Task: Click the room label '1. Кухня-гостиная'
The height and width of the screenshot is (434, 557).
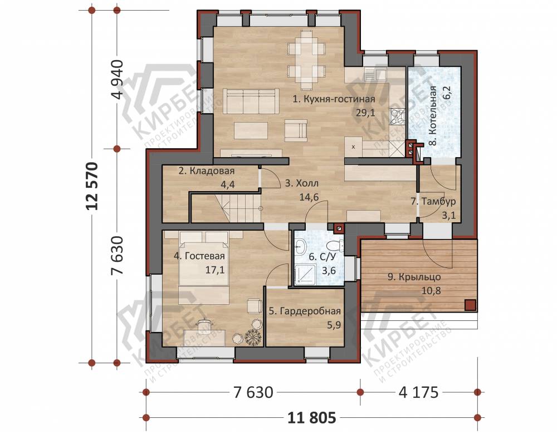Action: (x=334, y=99)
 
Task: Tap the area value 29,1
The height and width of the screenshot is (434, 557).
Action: (x=365, y=113)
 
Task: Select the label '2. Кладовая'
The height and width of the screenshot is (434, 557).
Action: (x=207, y=171)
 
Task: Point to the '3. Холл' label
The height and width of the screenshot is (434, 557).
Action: (x=302, y=183)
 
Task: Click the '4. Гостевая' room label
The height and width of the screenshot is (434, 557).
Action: (x=199, y=256)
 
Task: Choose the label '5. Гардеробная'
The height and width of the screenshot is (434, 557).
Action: (x=305, y=311)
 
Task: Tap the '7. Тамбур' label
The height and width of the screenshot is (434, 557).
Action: (x=433, y=202)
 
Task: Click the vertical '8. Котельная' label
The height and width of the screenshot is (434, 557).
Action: (x=433, y=115)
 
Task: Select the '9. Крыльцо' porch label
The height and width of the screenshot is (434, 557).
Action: (x=414, y=277)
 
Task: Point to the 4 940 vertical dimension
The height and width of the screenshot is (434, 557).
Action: (x=117, y=79)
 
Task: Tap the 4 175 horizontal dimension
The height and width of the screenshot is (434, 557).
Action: (x=418, y=392)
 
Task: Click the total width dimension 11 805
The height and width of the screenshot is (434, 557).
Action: (x=311, y=418)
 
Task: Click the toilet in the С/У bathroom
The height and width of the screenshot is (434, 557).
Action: (x=335, y=245)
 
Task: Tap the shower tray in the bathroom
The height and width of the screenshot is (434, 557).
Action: (x=305, y=275)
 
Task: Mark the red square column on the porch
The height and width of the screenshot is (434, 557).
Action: (x=471, y=305)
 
